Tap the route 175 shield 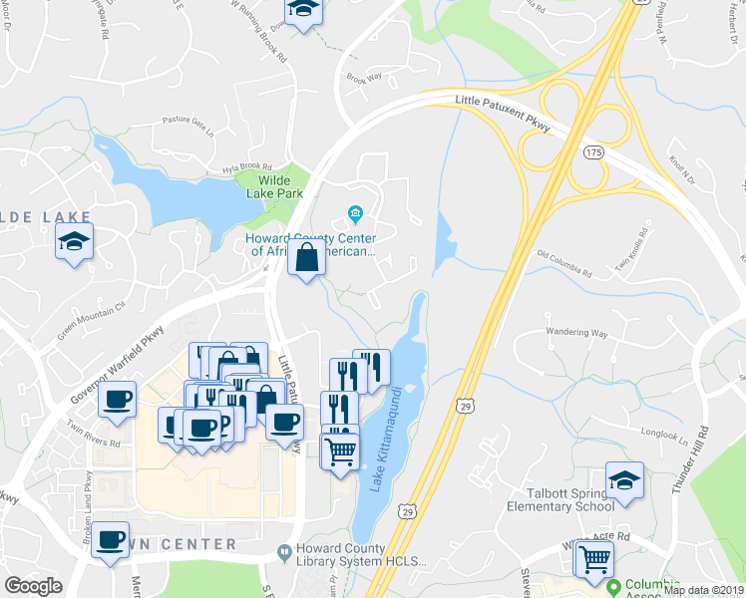tap(594, 151)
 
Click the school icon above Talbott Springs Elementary tap(625, 479)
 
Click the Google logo tap(34, 586)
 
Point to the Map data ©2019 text tap(704, 590)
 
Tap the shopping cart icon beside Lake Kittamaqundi tap(340, 450)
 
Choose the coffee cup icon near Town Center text tap(110, 543)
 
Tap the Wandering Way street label tap(576, 332)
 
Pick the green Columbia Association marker tap(614, 588)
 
